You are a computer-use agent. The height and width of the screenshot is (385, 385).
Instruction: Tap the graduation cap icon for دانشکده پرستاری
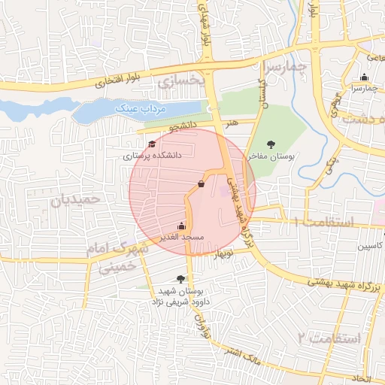[x=152, y=144]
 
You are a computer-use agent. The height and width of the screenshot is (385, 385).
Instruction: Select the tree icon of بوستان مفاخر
[x=271, y=144]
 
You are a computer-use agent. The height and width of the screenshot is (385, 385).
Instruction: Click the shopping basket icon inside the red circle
[x=201, y=183]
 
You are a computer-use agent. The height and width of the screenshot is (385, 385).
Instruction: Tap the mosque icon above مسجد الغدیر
[x=181, y=225]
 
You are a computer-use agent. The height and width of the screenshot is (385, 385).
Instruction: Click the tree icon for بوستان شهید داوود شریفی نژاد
[x=179, y=278]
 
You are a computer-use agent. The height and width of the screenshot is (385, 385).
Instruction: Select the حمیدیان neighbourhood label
[x=75, y=200]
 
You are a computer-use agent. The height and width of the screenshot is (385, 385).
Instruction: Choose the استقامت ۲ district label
[x=329, y=338]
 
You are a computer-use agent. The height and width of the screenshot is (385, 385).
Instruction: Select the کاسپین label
[x=371, y=246]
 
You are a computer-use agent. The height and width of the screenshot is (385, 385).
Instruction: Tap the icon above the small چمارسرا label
[x=365, y=77]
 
